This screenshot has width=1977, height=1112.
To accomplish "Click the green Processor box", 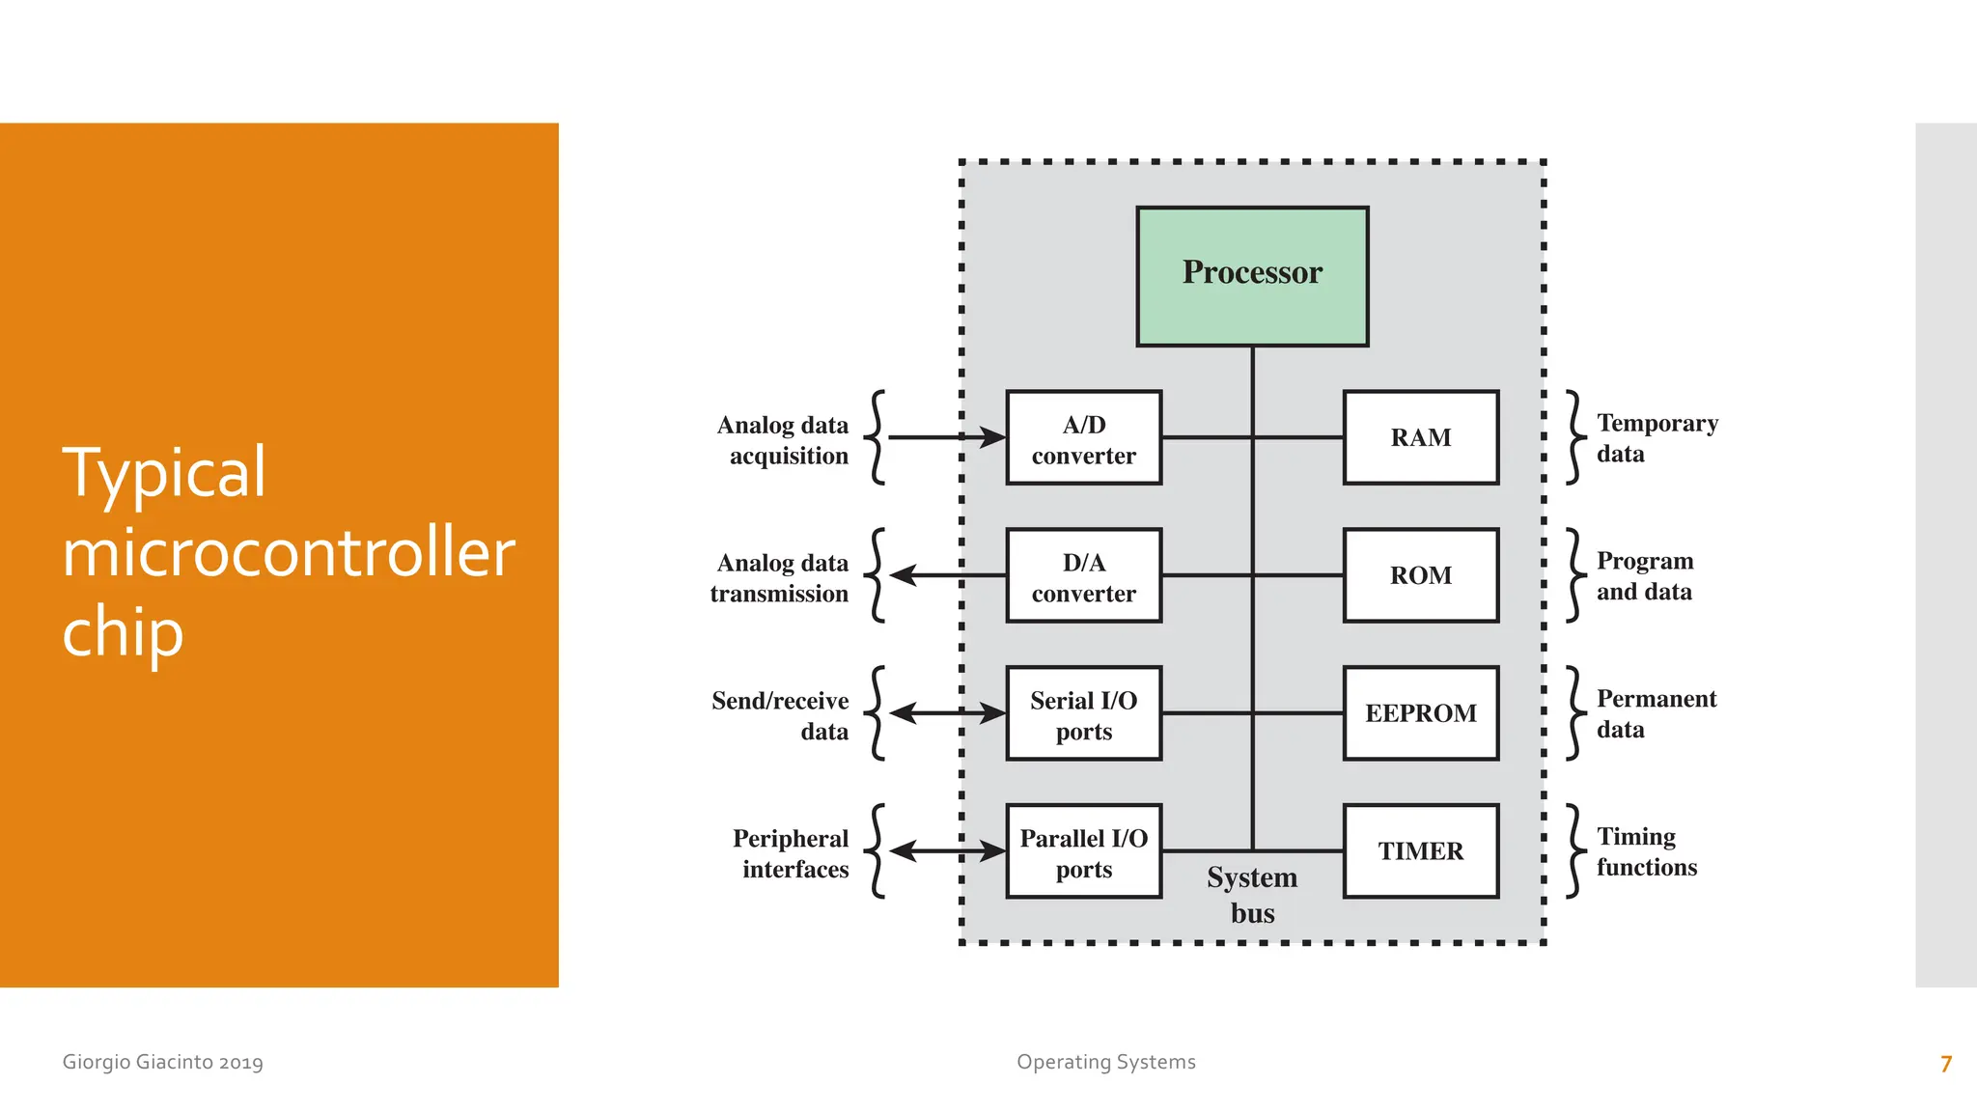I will click(x=1252, y=276).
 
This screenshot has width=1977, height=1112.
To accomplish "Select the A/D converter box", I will click(x=1083, y=438).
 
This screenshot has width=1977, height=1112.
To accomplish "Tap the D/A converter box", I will click(x=1083, y=576).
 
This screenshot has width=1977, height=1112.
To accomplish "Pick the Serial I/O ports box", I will click(x=1083, y=714).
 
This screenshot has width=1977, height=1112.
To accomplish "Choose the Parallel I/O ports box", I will click(x=1083, y=852).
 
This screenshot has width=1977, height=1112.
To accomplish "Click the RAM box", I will click(x=1420, y=438).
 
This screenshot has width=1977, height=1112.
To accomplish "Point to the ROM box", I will click(x=1420, y=576).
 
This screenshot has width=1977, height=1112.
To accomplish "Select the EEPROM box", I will click(x=1420, y=714).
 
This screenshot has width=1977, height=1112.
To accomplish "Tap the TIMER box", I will click(x=1420, y=852).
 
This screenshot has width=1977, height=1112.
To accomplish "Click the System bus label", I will click(x=1252, y=895).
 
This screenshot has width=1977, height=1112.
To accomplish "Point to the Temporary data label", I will click(x=1656, y=438).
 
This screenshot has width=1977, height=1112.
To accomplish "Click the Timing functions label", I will click(x=1646, y=851).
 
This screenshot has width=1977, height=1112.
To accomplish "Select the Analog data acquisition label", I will click(x=783, y=440).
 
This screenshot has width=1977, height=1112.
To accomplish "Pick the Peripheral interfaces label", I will click(x=791, y=853).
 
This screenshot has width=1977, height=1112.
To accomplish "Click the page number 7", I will click(x=1945, y=1064).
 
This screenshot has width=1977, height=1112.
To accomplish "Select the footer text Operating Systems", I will click(x=1105, y=1062).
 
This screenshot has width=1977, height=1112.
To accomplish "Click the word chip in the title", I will click(x=123, y=633).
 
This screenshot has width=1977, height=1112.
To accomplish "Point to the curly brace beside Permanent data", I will click(x=1573, y=713).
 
